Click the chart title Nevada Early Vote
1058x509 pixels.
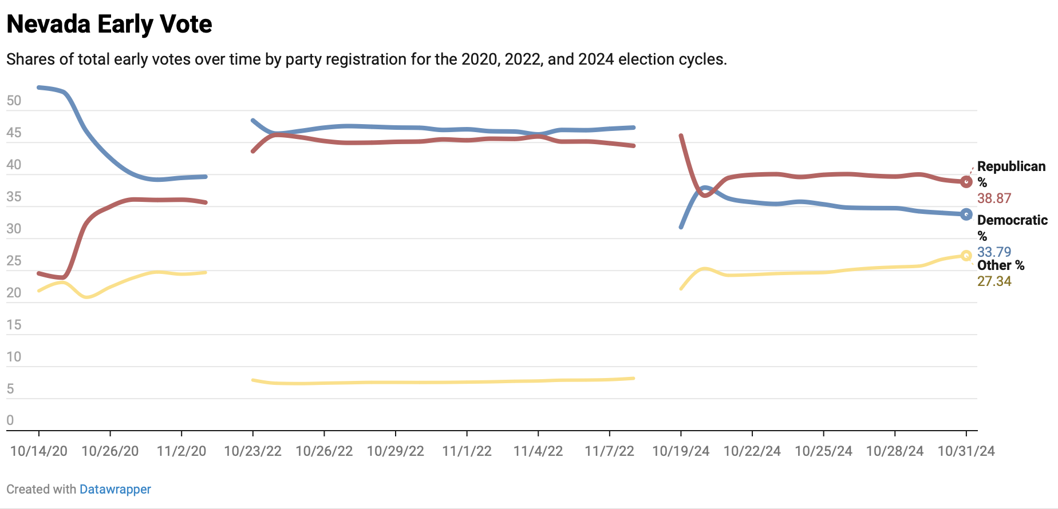(109, 24)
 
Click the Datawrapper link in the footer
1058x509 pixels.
(115, 490)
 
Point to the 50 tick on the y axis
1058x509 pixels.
(14, 101)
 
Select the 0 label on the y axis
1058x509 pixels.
(10, 420)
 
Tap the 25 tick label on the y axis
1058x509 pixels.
(14, 261)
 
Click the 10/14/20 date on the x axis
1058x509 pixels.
(39, 451)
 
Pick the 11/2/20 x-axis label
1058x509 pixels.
(181, 451)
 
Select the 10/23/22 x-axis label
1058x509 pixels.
(252, 451)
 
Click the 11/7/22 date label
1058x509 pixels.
(609, 451)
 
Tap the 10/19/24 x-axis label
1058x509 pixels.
(681, 451)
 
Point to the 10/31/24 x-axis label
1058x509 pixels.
(966, 451)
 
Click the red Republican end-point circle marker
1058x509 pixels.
(966, 182)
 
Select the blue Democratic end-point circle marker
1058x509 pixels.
(966, 214)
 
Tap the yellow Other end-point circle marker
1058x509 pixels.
(966, 256)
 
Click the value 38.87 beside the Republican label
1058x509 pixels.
(994, 198)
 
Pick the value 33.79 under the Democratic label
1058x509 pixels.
(994, 252)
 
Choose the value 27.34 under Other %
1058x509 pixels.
(994, 281)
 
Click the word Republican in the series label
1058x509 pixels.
(1011, 166)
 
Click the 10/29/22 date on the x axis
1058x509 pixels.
(395, 451)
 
